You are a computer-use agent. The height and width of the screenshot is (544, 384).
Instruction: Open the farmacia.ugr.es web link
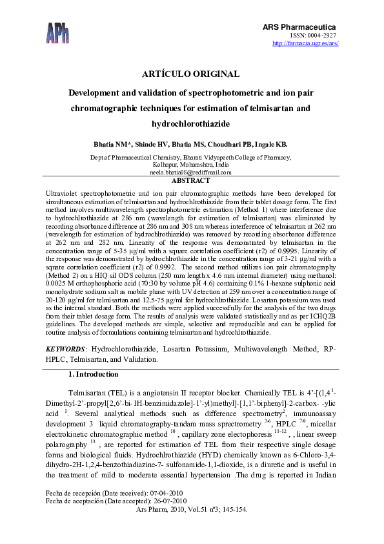click(305, 43)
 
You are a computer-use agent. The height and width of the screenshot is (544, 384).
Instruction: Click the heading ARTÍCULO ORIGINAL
click(191, 74)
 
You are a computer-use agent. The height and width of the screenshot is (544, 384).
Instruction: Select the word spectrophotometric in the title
click(232, 92)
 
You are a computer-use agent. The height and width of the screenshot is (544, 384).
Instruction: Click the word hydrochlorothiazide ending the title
click(191, 123)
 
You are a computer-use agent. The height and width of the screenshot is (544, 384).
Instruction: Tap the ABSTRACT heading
click(190, 182)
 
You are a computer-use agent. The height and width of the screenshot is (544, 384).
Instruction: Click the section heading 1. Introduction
click(93, 374)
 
